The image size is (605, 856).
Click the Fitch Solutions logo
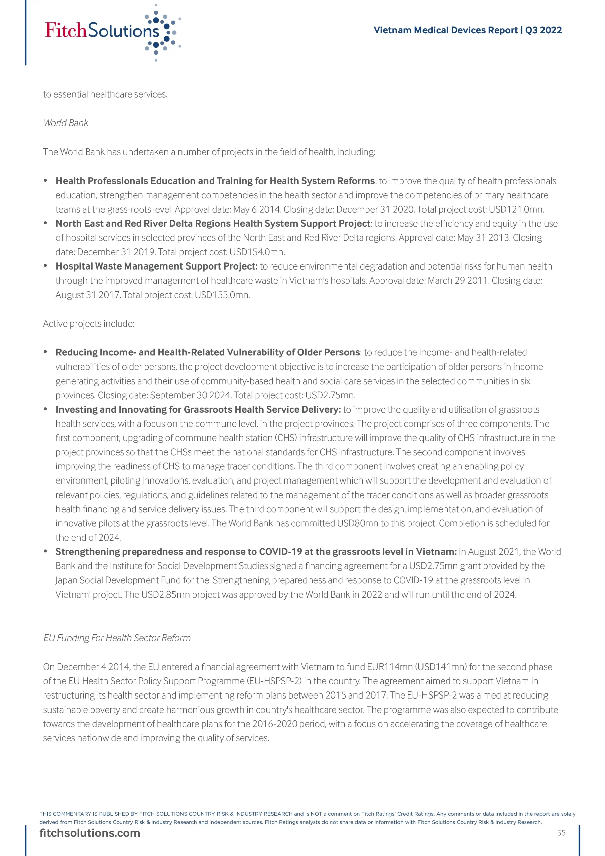tap(112, 32)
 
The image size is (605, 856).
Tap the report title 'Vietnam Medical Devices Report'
tap(446, 30)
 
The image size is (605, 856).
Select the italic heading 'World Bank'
tap(66, 123)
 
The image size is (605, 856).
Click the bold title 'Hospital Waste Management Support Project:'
tap(156, 266)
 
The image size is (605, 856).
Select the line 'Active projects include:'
tap(89, 324)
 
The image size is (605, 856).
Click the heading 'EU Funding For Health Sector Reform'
tap(117, 638)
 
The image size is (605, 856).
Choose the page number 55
tap(561, 833)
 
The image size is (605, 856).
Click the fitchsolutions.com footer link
tap(90, 833)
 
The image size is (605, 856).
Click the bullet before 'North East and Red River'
tap(45, 223)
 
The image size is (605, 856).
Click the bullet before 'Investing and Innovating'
tap(45, 409)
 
